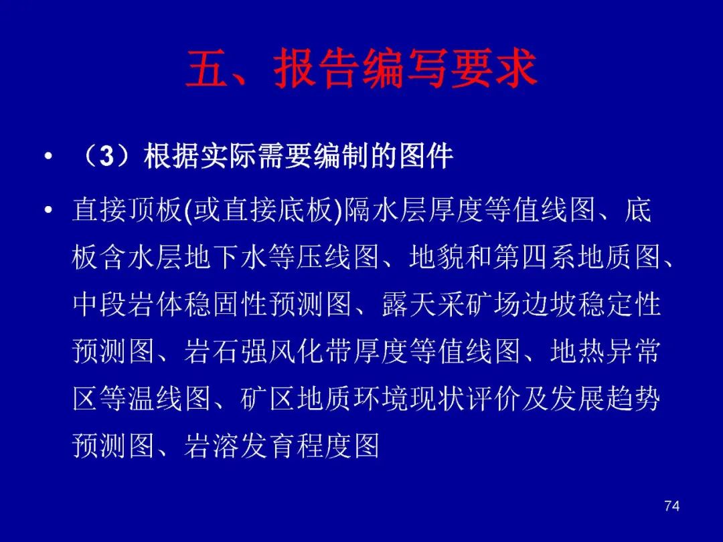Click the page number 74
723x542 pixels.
pyautogui.click(x=672, y=506)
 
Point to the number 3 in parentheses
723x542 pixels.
pyautogui.click(x=106, y=156)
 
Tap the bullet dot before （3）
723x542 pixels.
pyautogui.click(x=48, y=157)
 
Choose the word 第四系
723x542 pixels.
pyautogui.click(x=534, y=257)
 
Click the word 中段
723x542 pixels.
pyautogui.click(x=100, y=304)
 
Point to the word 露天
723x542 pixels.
pyautogui.click(x=410, y=304)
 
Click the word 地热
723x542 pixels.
pyautogui.click(x=577, y=351)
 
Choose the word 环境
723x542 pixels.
pyautogui.click(x=381, y=398)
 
